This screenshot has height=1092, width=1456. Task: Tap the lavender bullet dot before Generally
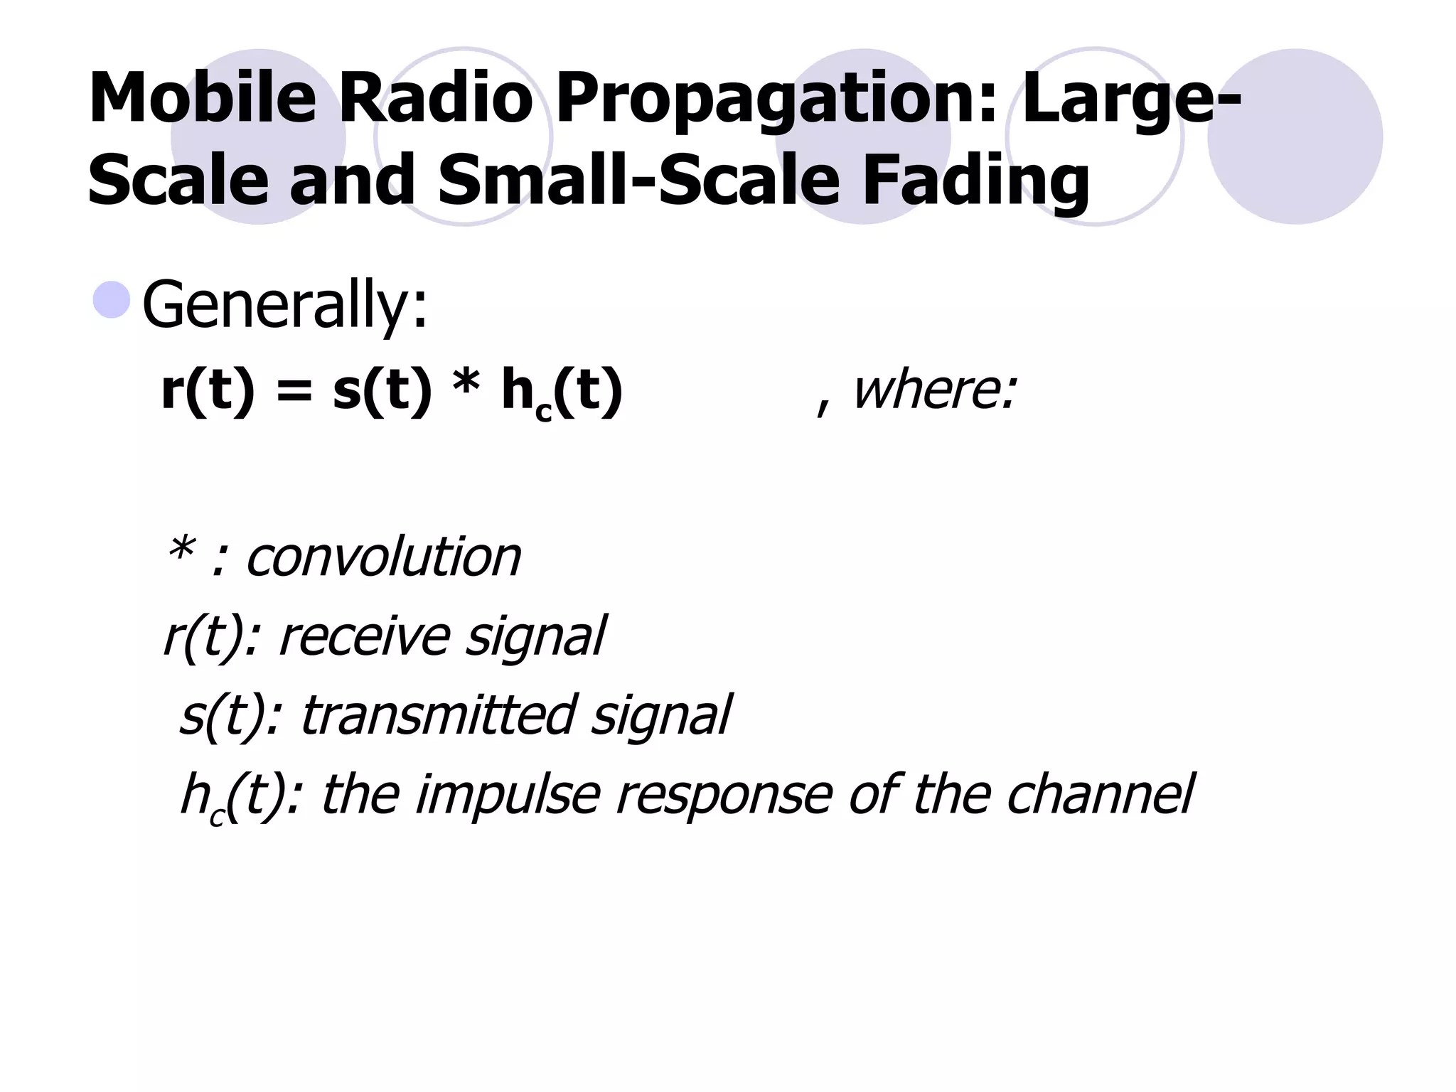pyautogui.click(x=112, y=299)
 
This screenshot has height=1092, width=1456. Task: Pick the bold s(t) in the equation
pyautogui.click(x=382, y=391)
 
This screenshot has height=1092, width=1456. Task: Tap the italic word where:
pyautogui.click(x=934, y=391)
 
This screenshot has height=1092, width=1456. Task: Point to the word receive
pyautogui.click(x=363, y=636)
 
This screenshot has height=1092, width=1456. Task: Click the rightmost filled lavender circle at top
pyautogui.click(x=1295, y=136)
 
